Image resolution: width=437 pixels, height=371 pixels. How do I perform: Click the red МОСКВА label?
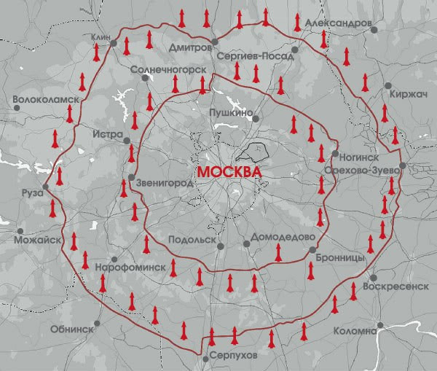pyautogui.click(x=229, y=170)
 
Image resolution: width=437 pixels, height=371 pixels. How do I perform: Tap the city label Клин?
pyautogui.click(x=101, y=36)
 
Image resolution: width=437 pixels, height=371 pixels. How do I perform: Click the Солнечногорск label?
pyautogui.click(x=166, y=71)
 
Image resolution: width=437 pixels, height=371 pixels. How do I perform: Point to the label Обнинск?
pyautogui.click(x=71, y=329)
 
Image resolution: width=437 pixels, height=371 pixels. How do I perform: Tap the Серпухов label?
pyautogui.click(x=232, y=354)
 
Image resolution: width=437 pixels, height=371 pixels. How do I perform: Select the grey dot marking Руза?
pyautogui.click(x=45, y=187)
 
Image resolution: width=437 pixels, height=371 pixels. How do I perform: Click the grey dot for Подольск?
pyautogui.click(x=221, y=246)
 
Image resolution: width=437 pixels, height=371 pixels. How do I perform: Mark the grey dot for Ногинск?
pyautogui.click(x=334, y=154)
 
